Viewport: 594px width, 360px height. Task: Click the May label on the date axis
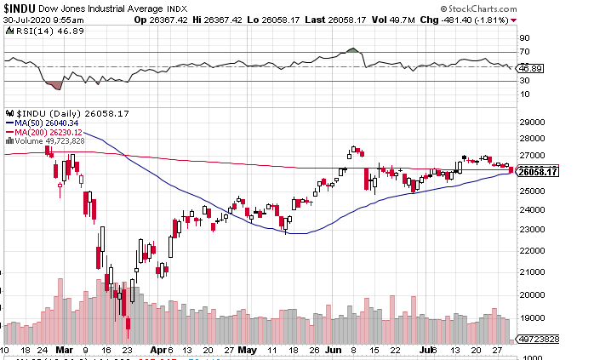click(x=247, y=350)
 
